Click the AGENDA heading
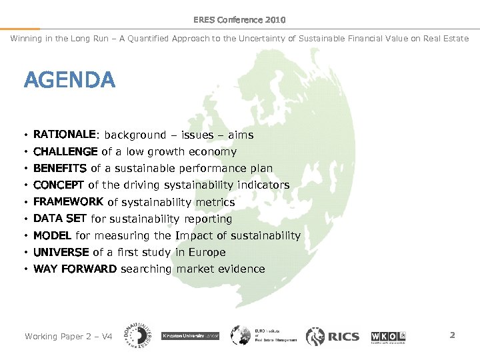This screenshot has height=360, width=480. coord(69,81)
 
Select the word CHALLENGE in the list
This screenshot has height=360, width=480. coord(65,151)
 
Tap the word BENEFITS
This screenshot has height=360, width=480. coord(60,168)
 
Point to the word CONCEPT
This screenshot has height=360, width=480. coord(59,185)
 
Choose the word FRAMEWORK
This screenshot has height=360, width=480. coord(68,201)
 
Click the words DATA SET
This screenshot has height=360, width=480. coord(60,218)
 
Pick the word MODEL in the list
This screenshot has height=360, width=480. coord(53,235)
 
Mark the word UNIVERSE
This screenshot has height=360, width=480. coord(61,252)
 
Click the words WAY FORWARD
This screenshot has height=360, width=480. coord(75,269)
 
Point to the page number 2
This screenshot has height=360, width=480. coord(452,335)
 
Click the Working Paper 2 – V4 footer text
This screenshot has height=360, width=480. coord(68,336)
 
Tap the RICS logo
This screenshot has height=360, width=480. coord(333,336)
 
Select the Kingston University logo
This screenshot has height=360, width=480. coord(190,336)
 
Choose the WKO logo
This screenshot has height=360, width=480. coord(389,336)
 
